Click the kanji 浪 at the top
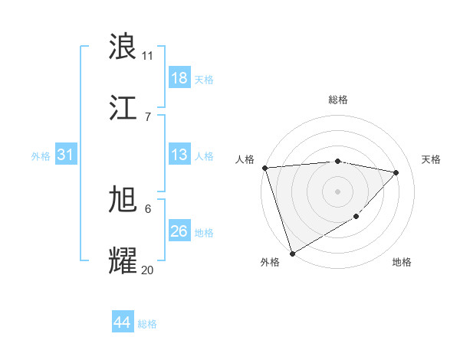pyautogui.click(x=123, y=47)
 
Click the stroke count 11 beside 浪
pyautogui.click(x=147, y=55)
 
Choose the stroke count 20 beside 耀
pyautogui.click(x=147, y=269)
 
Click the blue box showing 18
pyautogui.click(x=179, y=78)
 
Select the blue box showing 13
pyautogui.click(x=179, y=155)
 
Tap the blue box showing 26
pyautogui.click(x=179, y=231)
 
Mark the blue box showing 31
pyautogui.click(x=66, y=155)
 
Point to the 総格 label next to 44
pyautogui.click(x=147, y=324)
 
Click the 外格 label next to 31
pyautogui.click(x=41, y=155)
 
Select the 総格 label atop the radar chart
pyautogui.click(x=337, y=100)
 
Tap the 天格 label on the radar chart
pyautogui.click(x=432, y=159)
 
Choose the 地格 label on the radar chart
pyautogui.click(x=402, y=262)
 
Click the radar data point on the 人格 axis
pyautogui.click(x=264, y=168)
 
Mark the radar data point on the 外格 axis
pyautogui.click(x=292, y=253)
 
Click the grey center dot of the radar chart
pyautogui.click(x=337, y=191)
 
